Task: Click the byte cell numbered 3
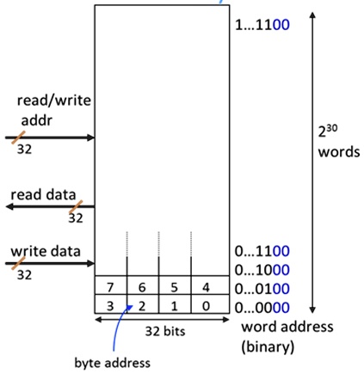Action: (x=111, y=304)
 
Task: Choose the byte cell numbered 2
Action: (x=144, y=304)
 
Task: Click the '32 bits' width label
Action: (x=162, y=330)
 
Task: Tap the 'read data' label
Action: (x=43, y=195)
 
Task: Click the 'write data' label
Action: (x=46, y=252)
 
